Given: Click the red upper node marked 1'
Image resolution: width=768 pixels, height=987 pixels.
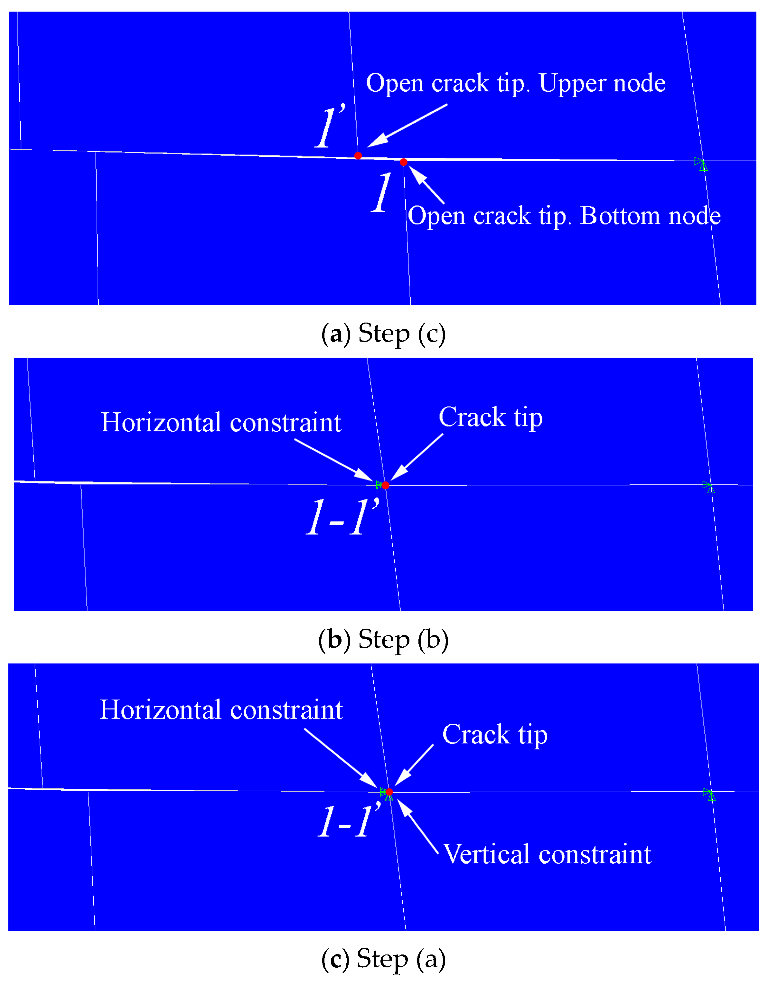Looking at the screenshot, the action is tap(358, 156).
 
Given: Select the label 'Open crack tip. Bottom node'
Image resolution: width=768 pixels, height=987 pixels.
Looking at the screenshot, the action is tap(564, 216).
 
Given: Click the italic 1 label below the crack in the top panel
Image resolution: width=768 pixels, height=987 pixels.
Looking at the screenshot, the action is tap(381, 193).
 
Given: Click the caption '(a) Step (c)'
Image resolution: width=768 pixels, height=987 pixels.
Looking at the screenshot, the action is tap(384, 334).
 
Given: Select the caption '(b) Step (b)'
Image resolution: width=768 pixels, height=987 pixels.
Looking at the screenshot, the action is tap(384, 640).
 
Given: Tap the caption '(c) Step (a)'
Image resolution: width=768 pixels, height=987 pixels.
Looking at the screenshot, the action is tap(384, 959).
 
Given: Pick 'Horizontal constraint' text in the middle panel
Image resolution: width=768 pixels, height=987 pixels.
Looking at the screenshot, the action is tap(221, 423).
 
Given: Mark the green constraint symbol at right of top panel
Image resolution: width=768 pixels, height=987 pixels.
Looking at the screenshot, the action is tap(701, 164).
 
